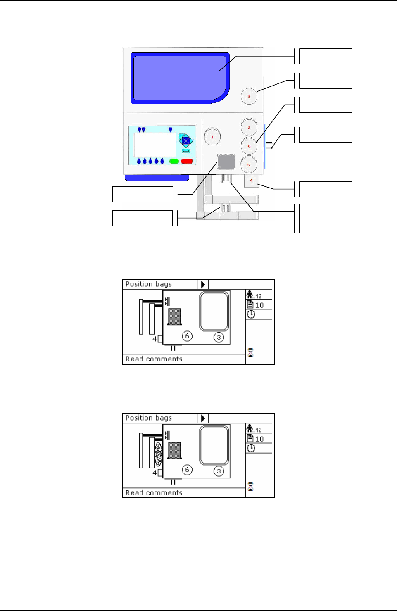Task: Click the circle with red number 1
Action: [x=212, y=137]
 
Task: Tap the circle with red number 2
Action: [x=249, y=127]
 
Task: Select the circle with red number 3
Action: [x=249, y=96]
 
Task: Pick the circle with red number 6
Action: [x=249, y=146]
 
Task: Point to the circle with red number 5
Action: [x=249, y=164]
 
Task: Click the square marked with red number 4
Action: [x=251, y=181]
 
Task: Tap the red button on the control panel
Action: [x=187, y=161]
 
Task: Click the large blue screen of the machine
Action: [x=179, y=78]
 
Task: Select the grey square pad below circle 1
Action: [x=226, y=162]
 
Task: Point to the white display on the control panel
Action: [x=155, y=145]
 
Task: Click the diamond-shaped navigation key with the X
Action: [x=186, y=140]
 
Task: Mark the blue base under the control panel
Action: [x=157, y=178]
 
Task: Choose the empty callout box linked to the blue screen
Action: [x=325, y=56]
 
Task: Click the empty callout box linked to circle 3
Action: [x=325, y=81]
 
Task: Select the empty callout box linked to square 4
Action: [x=325, y=189]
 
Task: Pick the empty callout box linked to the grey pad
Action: [x=143, y=194]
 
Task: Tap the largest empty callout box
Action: [x=329, y=218]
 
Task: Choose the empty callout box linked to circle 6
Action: [x=325, y=105]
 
